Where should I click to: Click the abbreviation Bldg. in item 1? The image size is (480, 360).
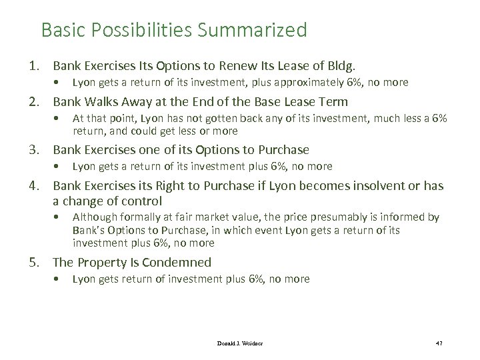point(343,66)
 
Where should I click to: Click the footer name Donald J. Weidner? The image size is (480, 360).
point(239,342)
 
